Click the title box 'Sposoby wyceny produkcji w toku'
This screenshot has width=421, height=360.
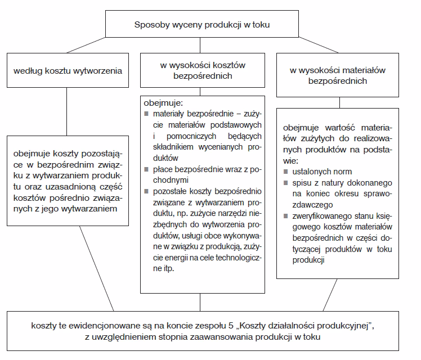[x=205, y=25]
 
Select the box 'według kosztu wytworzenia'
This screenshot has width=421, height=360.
[x=68, y=71]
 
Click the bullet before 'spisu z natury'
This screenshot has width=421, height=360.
[x=287, y=183]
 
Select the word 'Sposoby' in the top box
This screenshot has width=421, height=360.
[x=149, y=25]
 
